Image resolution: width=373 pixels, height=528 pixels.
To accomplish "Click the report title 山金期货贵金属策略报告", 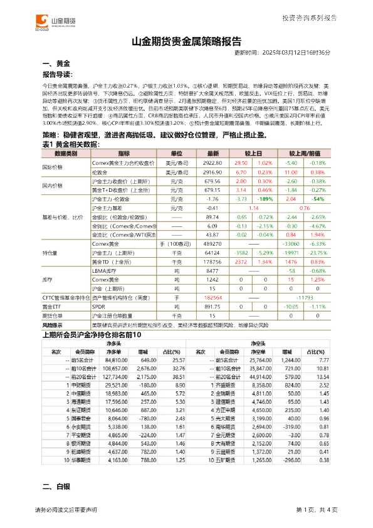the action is (x=186, y=43).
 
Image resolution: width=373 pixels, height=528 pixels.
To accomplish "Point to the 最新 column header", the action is (x=212, y=154).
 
